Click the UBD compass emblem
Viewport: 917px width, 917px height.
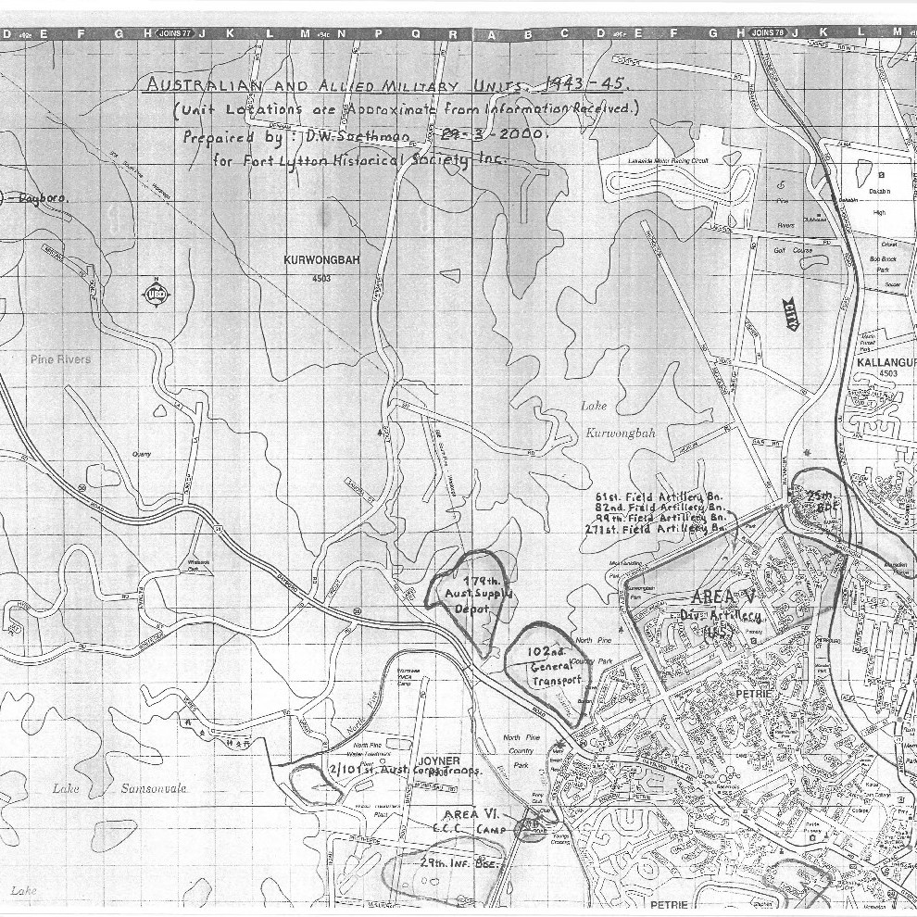155,295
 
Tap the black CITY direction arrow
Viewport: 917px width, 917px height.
791,315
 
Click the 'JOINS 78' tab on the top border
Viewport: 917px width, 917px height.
768,33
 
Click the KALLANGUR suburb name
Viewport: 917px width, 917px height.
886,362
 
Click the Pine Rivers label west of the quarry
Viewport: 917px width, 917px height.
60,358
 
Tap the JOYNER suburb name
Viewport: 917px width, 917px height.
438,760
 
